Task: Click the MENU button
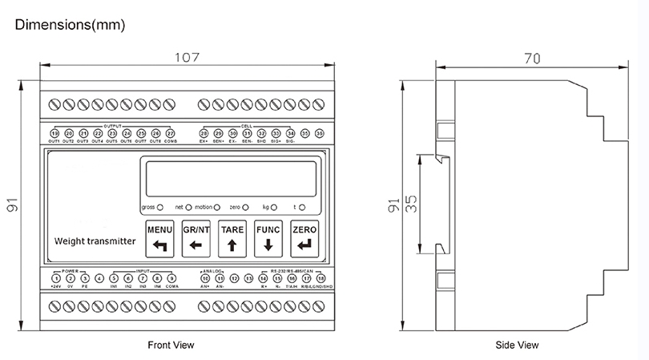[x=159, y=237]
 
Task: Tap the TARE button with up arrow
[x=232, y=237]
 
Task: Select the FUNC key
[x=268, y=237]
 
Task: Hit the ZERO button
[x=304, y=237]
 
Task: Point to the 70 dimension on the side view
[x=530, y=58]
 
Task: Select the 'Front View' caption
[x=171, y=345]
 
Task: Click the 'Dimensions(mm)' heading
[x=70, y=26]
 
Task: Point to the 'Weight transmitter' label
[x=95, y=241]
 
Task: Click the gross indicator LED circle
[x=160, y=207]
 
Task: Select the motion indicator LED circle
[x=217, y=207]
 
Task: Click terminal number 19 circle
[x=54, y=133]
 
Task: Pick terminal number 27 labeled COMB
[x=171, y=133]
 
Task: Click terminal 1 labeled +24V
[x=55, y=278]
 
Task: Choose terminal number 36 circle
[x=320, y=133]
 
